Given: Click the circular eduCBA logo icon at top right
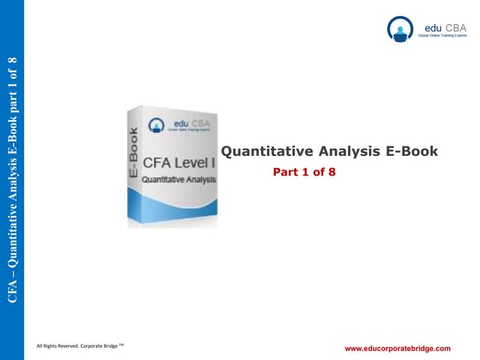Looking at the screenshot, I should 400,29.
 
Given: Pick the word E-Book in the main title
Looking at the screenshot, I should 411,151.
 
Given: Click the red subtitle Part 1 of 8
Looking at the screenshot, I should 304,172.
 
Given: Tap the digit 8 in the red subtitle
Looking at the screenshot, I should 331,172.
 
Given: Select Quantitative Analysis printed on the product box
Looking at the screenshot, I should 178,180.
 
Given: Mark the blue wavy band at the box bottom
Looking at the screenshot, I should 174,206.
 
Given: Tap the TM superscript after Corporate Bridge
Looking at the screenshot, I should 122,343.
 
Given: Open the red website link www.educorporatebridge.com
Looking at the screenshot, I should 397,349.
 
